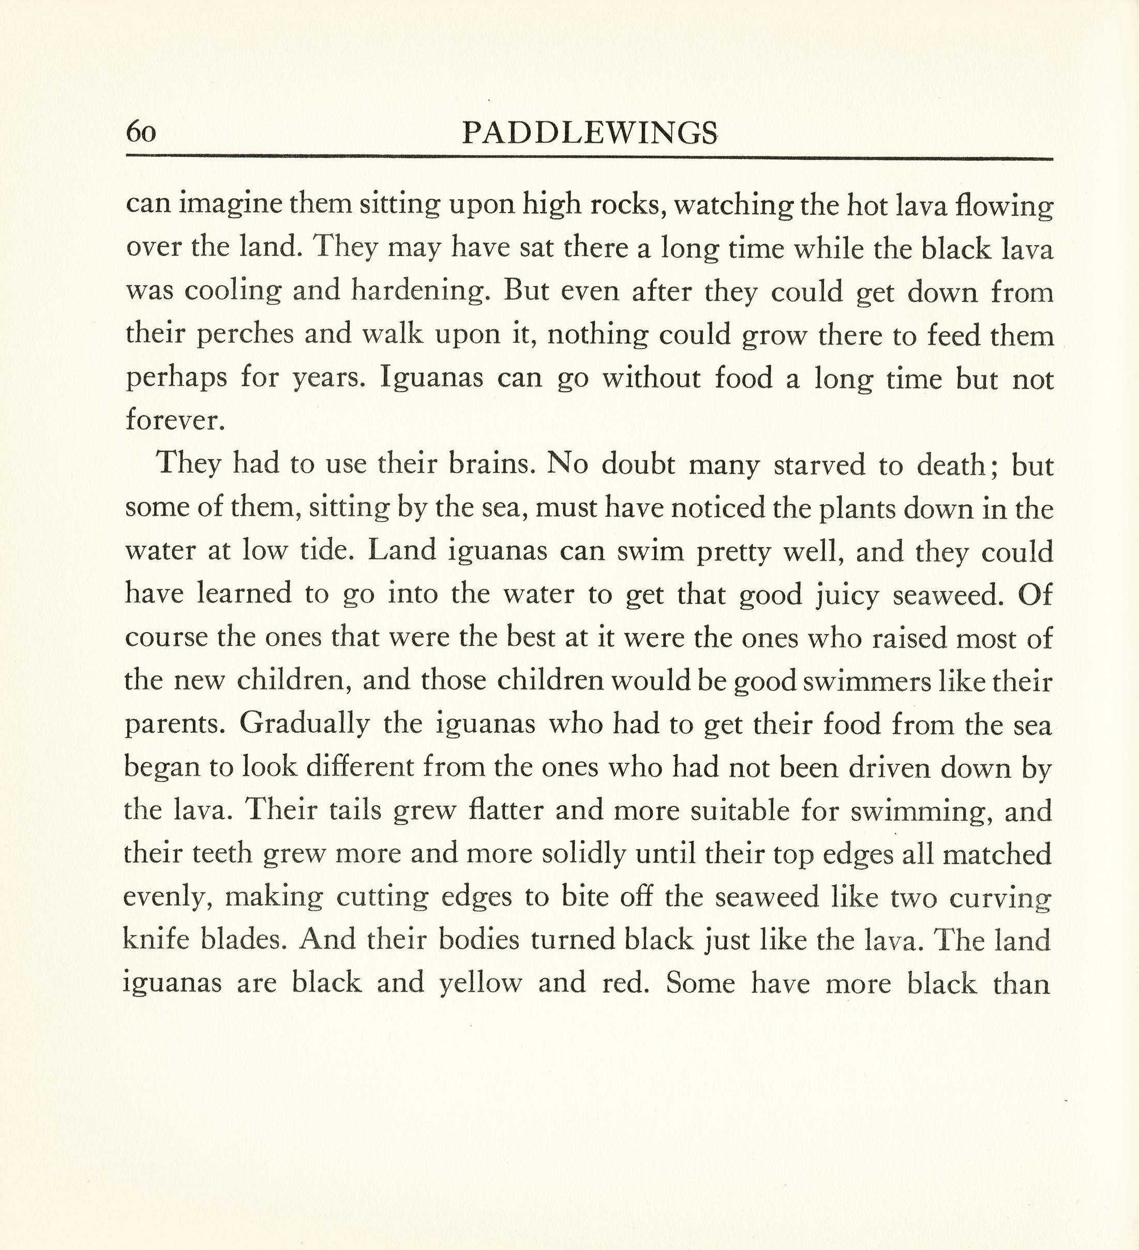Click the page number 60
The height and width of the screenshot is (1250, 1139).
141,132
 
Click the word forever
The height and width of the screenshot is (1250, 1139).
174,420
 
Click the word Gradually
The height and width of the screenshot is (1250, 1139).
305,724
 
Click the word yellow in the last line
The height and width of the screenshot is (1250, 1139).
481,983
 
